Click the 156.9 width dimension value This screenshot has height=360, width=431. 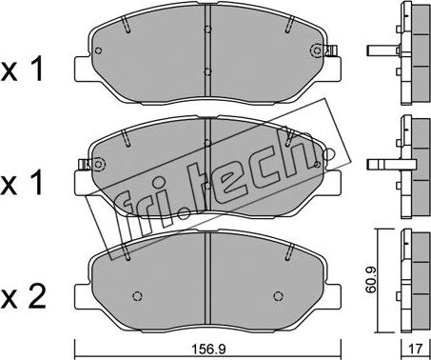(x=207, y=350)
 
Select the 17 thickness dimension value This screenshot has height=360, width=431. (x=416, y=350)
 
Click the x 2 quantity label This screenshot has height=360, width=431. (x=23, y=297)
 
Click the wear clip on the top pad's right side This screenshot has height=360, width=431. (x=331, y=50)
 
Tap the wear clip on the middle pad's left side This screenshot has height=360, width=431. (x=84, y=164)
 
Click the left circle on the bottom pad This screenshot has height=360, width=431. (x=137, y=296)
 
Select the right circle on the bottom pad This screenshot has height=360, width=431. (x=278, y=296)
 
